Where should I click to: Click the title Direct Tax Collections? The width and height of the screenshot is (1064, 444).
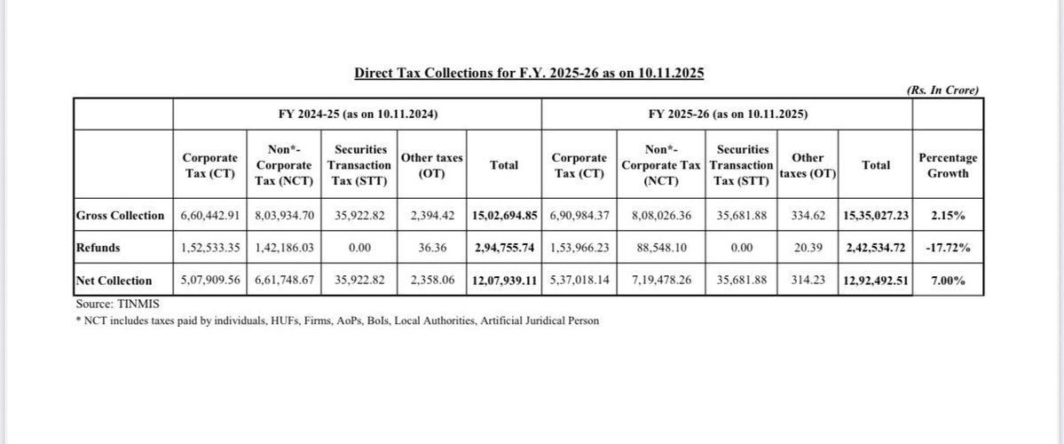(x=529, y=73)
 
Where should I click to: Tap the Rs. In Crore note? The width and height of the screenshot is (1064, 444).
(x=943, y=91)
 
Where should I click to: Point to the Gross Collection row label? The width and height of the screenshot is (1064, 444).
(x=120, y=216)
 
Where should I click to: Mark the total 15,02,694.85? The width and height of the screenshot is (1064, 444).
(x=503, y=216)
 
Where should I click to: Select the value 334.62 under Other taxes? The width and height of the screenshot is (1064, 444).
(x=808, y=216)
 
